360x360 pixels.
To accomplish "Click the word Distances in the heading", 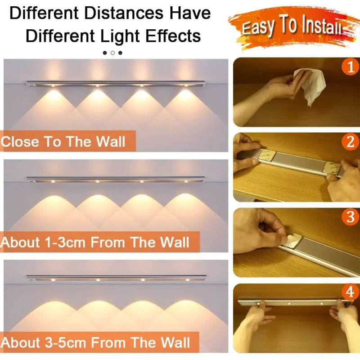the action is click(124, 13).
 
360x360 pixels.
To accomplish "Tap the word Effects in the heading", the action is click(173, 36).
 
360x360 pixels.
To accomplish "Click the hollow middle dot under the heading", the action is click(112, 53).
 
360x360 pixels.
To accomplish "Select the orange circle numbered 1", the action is click(350, 67).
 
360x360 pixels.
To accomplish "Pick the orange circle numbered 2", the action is click(350, 142).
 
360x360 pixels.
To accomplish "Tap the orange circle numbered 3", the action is click(350, 217).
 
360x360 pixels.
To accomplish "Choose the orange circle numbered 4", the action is click(350, 292).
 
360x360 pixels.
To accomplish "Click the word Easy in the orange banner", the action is click(257, 27).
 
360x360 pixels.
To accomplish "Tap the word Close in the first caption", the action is click(20, 141).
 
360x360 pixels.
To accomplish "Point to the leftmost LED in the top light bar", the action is click(53, 85).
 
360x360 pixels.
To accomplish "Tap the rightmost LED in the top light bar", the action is click(185, 85).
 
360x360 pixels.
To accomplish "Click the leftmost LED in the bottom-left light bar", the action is click(53, 280).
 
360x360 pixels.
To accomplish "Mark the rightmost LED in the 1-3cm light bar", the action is click(186, 181).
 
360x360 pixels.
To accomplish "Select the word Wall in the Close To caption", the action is click(111, 141).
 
